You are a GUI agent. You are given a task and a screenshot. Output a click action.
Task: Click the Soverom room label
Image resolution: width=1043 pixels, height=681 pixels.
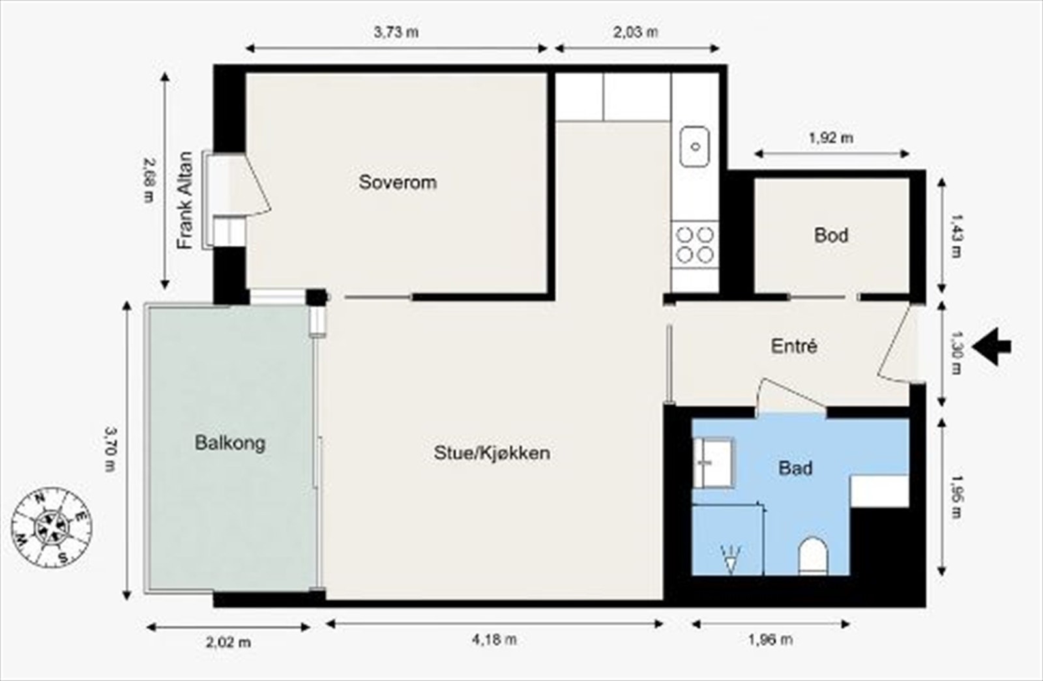(x=398, y=182)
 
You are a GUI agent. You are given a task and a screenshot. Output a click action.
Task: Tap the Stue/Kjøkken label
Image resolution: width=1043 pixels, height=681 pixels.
(x=492, y=452)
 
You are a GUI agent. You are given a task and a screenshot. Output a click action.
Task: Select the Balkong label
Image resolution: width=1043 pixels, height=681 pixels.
(x=230, y=443)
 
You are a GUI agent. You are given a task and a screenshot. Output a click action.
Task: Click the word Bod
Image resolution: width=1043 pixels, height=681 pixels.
(x=831, y=235)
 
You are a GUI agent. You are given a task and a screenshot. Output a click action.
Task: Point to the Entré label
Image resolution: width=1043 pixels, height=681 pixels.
(x=793, y=346)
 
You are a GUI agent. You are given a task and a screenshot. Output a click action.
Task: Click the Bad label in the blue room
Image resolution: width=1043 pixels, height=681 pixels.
(x=795, y=468)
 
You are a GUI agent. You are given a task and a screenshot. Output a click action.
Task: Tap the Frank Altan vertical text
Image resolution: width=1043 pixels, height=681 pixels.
(x=186, y=200)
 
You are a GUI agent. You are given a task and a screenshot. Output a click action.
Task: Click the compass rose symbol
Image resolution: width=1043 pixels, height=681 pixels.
(x=51, y=526)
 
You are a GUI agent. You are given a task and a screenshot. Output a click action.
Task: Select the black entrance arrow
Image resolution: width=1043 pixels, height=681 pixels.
(x=992, y=347)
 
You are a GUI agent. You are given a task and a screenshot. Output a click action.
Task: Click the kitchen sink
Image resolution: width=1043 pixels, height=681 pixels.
(x=695, y=147)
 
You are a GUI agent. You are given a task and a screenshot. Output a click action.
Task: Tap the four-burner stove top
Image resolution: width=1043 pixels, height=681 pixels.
(x=695, y=244)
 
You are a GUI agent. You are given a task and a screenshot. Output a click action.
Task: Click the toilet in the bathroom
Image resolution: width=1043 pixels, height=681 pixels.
(x=813, y=556)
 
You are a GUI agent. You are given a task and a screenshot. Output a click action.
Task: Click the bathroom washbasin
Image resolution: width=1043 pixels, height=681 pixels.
(x=712, y=462)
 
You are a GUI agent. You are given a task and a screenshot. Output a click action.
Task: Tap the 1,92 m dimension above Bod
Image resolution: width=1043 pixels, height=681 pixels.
(x=830, y=138)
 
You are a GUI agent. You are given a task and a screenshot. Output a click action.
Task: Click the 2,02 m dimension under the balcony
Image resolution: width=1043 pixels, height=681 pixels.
(x=228, y=643)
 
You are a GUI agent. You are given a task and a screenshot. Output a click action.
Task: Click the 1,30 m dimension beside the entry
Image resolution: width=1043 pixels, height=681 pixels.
(x=956, y=353)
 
